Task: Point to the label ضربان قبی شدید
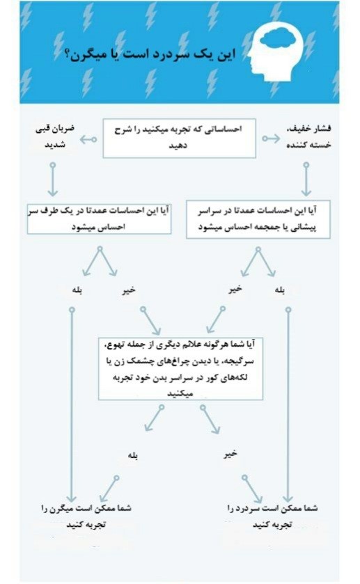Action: (x=54, y=136)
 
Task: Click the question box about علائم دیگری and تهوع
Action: (x=180, y=367)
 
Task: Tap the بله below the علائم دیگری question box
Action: (x=132, y=456)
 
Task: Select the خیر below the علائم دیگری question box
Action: (x=230, y=454)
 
